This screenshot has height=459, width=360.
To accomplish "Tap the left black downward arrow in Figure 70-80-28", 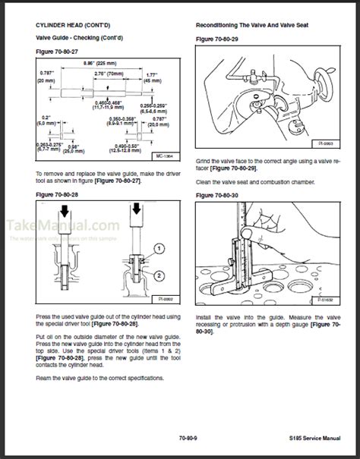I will pos(60,209).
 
